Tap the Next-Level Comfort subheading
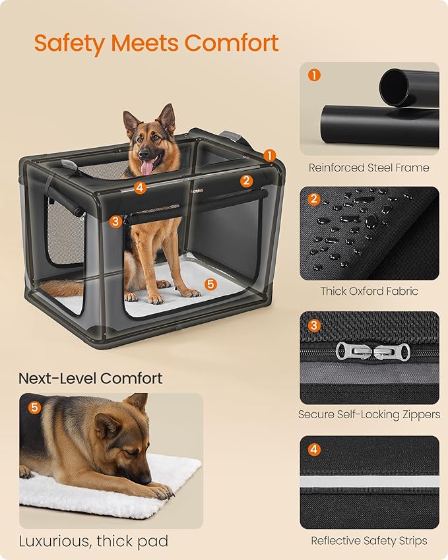point(90,379)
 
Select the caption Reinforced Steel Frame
point(369,168)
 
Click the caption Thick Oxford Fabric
point(369,291)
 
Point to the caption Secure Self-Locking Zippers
point(369,415)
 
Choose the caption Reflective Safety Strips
point(369,541)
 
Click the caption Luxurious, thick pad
point(93,542)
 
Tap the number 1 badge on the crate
point(270,155)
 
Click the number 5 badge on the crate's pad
point(210,284)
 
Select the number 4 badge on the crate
point(139,187)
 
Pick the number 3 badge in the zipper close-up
point(314,325)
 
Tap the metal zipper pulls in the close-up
point(369,350)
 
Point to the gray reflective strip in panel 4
point(369,482)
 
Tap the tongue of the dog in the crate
point(146,165)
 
